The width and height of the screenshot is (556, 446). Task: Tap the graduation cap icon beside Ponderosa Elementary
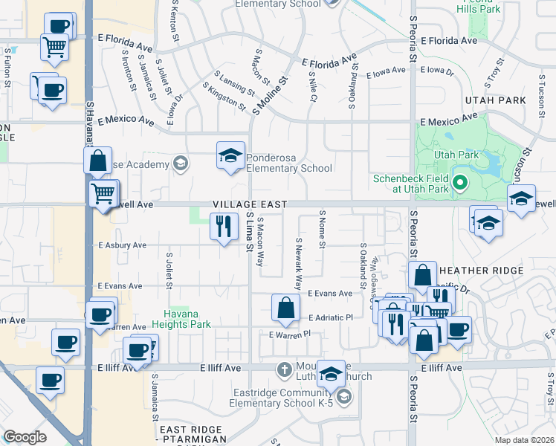point(230,156)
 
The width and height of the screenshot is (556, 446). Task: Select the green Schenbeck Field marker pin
point(460,181)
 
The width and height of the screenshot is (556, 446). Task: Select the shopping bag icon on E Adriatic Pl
point(285,308)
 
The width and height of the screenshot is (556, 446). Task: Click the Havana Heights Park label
point(181,318)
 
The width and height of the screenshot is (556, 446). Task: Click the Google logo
point(25,437)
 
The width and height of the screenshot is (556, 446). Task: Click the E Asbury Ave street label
point(122,245)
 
